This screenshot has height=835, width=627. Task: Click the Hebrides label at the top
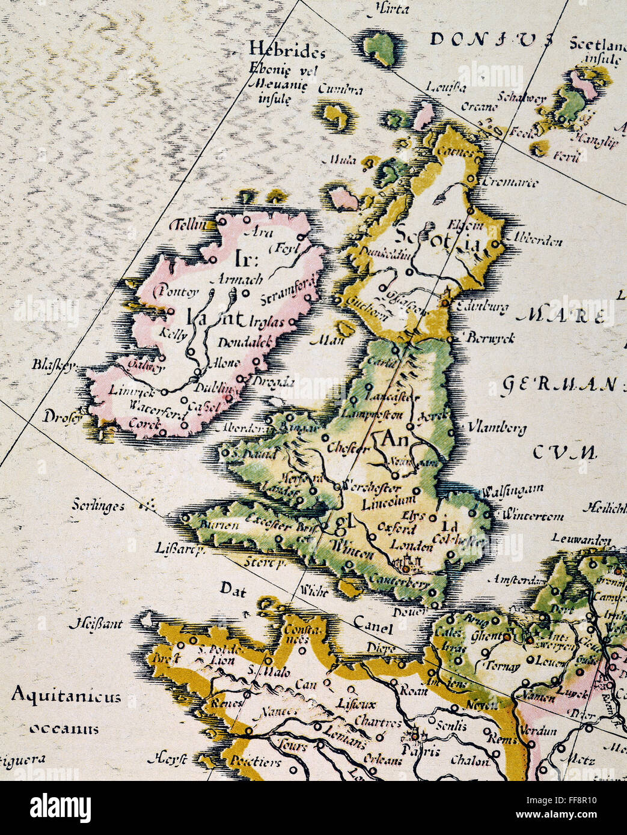coord(287,50)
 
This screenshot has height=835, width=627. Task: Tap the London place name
coord(411,546)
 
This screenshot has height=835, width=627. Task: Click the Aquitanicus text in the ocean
coord(66,697)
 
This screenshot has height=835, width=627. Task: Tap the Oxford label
coord(397,529)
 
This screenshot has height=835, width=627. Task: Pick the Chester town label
coord(348,448)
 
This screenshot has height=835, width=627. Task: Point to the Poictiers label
coord(255,762)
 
